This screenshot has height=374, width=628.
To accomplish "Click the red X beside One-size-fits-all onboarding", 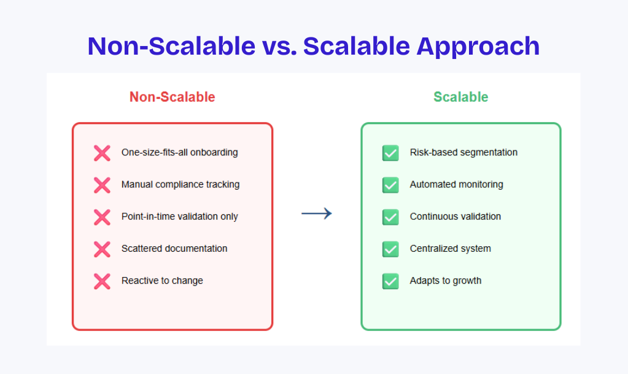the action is click(102, 153).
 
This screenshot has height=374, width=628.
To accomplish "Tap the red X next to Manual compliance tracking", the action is click(102, 185).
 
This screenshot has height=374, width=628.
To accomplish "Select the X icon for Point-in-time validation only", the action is click(102, 217).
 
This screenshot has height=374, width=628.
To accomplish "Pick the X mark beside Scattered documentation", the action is click(102, 249).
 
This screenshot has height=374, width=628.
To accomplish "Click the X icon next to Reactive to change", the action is click(102, 281).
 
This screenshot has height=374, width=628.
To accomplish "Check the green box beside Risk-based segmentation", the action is click(390, 153).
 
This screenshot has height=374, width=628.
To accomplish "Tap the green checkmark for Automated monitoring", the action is click(390, 185).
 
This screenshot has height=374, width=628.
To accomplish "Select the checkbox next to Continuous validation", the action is click(390, 217).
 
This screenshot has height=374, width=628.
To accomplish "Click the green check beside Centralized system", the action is click(390, 249).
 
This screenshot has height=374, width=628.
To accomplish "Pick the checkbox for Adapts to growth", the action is click(390, 281).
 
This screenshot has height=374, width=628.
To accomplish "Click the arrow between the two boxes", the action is click(316, 213).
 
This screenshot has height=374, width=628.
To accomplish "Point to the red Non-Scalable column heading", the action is click(173, 97).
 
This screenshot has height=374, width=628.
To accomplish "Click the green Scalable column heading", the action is click(461, 97).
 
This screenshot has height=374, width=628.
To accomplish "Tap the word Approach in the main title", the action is click(478, 47).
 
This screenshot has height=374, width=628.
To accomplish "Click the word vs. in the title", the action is click(279, 47).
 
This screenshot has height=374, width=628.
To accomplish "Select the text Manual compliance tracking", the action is click(180, 184).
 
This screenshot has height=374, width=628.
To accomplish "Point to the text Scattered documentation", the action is click(174, 249).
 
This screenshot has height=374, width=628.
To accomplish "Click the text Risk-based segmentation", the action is click(463, 152).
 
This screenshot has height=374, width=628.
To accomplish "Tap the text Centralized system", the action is click(450, 249).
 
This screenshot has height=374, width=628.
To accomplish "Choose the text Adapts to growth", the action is click(445, 281).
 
